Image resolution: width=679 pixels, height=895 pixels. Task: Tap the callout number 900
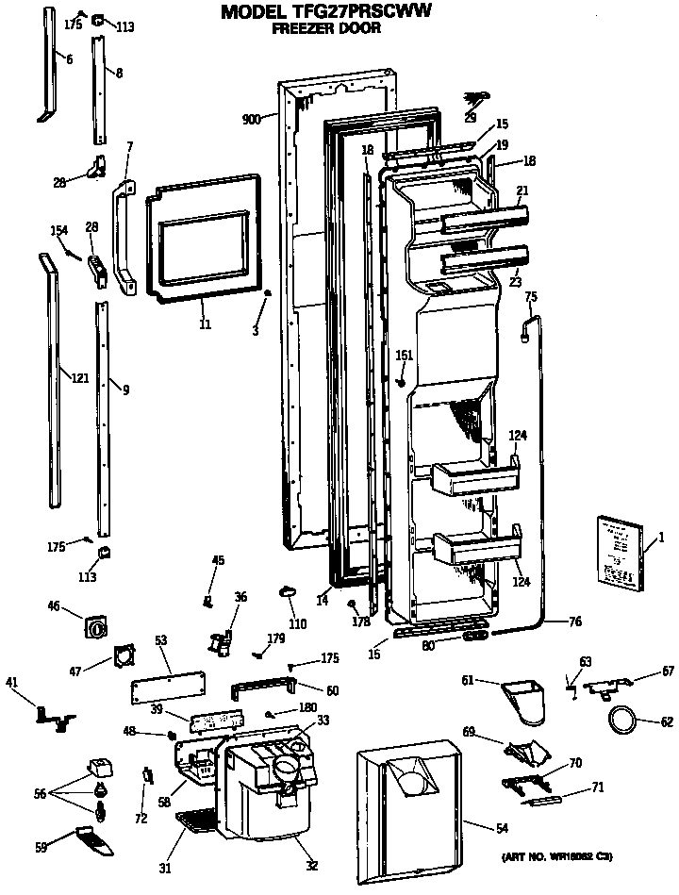pyautogui.click(x=251, y=119)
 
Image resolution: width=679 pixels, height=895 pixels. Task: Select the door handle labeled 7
pyautogui.click(x=123, y=231)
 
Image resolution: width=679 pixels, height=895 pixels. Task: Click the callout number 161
pyautogui.click(x=404, y=356)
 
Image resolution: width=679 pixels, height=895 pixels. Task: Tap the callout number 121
pyautogui.click(x=80, y=378)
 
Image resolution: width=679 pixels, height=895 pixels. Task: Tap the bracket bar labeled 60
pyautogui.click(x=267, y=685)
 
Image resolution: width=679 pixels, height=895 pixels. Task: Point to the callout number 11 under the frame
pyautogui.click(x=205, y=324)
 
